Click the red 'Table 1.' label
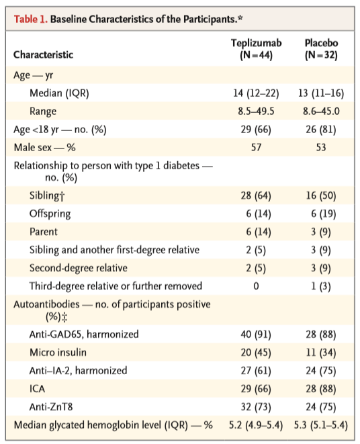click(31, 19)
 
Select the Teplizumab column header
click(256, 49)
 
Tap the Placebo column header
click(321, 49)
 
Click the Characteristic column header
click(44, 54)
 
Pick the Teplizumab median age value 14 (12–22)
click(256, 93)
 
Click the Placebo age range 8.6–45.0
click(321, 111)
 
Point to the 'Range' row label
click(43, 112)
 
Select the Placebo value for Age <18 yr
click(321, 130)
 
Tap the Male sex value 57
click(256, 147)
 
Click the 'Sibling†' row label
click(47, 195)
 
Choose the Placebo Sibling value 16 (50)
click(321, 195)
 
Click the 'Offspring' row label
click(50, 214)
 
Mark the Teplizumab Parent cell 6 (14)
click(259, 232)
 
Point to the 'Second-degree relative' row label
click(79, 268)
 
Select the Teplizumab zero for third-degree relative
click(256, 286)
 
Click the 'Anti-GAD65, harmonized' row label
click(84, 335)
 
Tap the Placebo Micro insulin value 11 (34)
click(321, 353)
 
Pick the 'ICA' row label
click(37, 389)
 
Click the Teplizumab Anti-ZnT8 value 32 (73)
click(256, 407)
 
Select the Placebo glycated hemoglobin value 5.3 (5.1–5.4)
click(321, 425)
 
